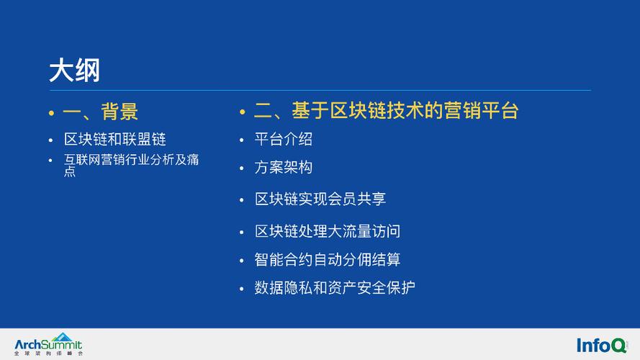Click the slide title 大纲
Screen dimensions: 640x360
74,71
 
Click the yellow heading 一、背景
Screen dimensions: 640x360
100,112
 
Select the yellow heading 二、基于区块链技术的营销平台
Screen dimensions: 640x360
386,111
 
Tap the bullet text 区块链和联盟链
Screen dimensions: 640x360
115,139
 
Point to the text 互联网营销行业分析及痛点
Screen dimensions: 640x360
132,165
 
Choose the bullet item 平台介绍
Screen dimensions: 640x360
283,139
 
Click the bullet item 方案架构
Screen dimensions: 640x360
283,167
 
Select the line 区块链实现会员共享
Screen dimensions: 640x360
320,199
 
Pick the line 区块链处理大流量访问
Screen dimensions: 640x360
328,231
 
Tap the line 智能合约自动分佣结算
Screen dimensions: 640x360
328,260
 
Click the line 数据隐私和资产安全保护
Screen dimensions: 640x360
335,288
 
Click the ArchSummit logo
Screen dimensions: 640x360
48,344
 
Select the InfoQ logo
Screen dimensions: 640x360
602,346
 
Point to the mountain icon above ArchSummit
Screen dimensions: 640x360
62,337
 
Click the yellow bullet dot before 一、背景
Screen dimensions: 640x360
51,112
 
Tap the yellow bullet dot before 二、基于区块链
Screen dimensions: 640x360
243,112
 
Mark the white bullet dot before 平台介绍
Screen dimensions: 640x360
242,140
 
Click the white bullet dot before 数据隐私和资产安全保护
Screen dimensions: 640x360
242,289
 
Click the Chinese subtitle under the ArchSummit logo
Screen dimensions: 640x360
48,354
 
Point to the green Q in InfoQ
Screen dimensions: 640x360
619,346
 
